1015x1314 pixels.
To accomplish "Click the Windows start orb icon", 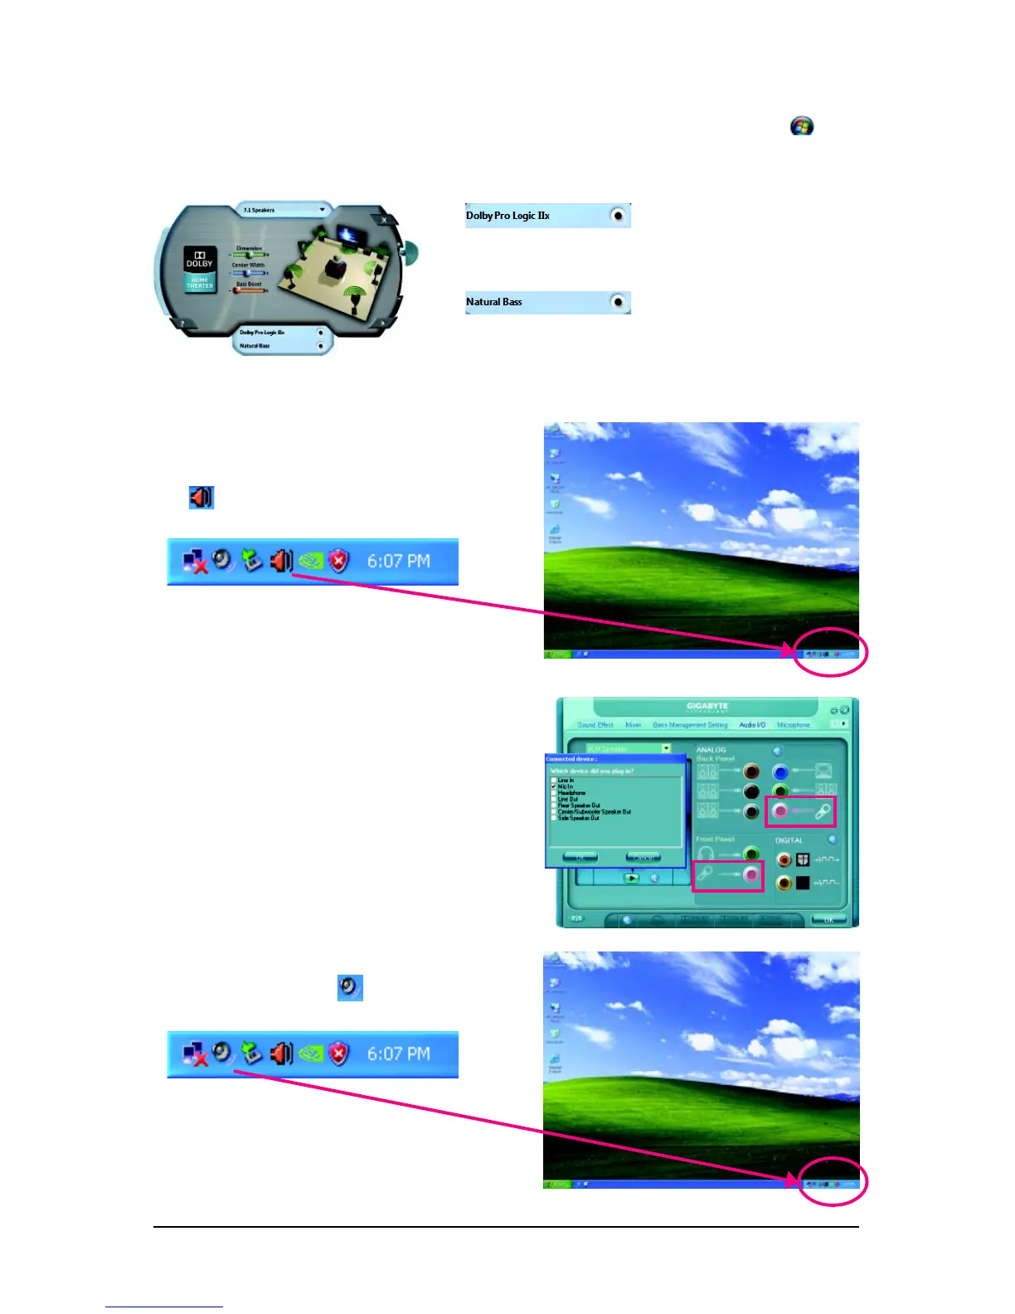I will click(x=801, y=126).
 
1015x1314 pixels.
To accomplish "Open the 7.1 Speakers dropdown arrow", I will click(x=322, y=210).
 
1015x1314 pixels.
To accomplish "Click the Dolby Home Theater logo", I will click(x=199, y=269).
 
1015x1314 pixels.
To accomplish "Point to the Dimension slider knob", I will click(x=250, y=255).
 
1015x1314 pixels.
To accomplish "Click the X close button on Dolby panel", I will click(x=384, y=220).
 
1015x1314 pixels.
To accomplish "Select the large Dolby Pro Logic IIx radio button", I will click(x=618, y=216).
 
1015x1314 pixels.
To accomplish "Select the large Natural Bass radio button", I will click(x=618, y=302).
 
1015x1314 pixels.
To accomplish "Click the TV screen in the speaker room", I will click(x=347, y=235).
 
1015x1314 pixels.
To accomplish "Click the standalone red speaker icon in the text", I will click(x=201, y=497).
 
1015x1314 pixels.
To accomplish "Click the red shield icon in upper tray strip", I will click(x=338, y=562).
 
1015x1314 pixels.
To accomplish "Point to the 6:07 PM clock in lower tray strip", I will click(x=398, y=1054).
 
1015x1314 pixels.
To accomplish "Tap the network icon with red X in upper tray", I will click(x=195, y=562).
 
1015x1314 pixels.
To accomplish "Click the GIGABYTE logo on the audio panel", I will click(x=707, y=708).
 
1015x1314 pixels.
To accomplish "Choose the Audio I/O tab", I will click(x=752, y=725).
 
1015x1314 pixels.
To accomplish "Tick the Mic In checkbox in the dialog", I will click(x=554, y=786).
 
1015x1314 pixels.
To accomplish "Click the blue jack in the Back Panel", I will click(x=779, y=772).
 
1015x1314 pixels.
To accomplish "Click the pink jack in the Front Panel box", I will click(x=751, y=874).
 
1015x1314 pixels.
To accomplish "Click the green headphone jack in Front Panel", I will click(x=751, y=854).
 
